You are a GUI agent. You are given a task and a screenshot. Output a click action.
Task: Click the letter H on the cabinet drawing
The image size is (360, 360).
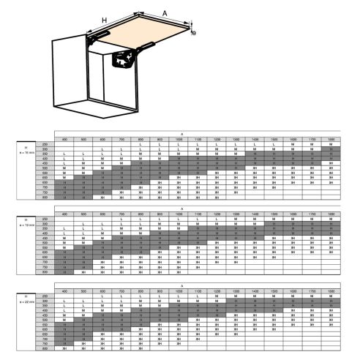point(105,20)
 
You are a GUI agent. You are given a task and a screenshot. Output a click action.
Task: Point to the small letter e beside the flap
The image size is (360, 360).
point(194,33)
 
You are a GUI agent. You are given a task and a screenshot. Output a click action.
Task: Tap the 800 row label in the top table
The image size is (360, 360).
point(45,196)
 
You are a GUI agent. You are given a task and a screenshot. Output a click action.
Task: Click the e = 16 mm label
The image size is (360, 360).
point(26,153)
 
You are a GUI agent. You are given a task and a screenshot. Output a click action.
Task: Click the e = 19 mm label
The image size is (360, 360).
point(26,226)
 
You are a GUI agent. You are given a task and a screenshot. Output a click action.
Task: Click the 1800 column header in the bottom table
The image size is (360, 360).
point(331,290)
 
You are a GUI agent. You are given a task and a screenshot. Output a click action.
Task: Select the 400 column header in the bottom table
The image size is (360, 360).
point(64,290)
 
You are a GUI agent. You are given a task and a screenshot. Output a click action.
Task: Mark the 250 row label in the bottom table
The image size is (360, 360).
point(45,296)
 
